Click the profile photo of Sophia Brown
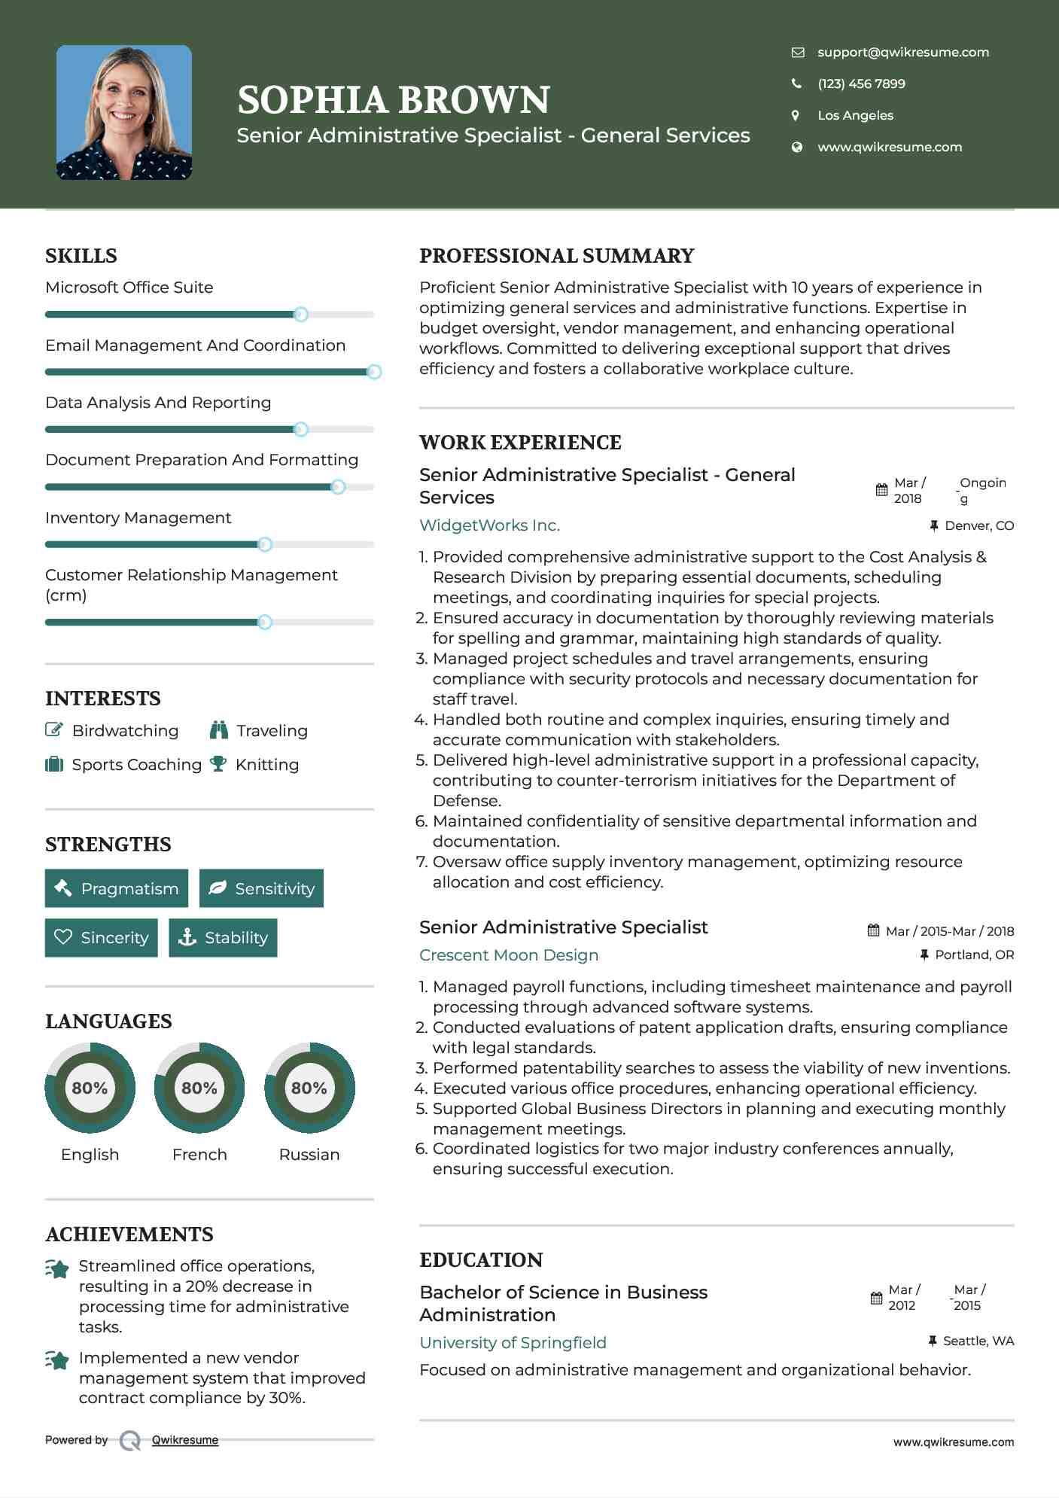[x=124, y=112]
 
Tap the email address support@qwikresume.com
[x=902, y=52]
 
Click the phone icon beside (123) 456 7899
[x=796, y=84]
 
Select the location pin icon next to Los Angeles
[x=796, y=115]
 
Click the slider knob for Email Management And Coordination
[x=374, y=372]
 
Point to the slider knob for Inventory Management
[x=264, y=544]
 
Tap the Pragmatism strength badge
[x=117, y=888]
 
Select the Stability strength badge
[x=223, y=937]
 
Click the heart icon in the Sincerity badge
[x=63, y=937]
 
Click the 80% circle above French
[x=199, y=1088]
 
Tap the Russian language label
[x=309, y=1154]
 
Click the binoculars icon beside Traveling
[x=219, y=729]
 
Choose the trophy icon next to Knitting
[x=218, y=764]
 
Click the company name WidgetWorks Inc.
[x=489, y=525]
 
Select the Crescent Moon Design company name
[x=509, y=955]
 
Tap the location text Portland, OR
[x=974, y=955]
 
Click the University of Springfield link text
[x=513, y=1342]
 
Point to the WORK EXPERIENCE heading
[x=520, y=442]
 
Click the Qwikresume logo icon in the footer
[x=130, y=1440]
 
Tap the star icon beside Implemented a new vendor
[x=57, y=1359]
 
